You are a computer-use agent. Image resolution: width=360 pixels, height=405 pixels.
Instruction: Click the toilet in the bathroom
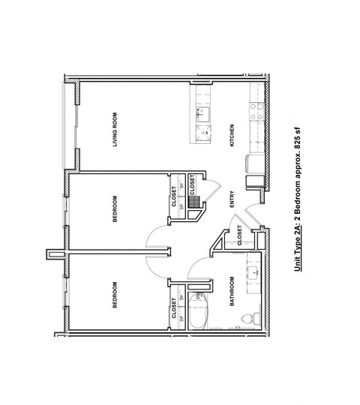pyautogui.click(x=249, y=319)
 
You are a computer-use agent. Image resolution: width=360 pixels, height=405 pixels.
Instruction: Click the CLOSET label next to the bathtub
pyautogui.click(x=175, y=308)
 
